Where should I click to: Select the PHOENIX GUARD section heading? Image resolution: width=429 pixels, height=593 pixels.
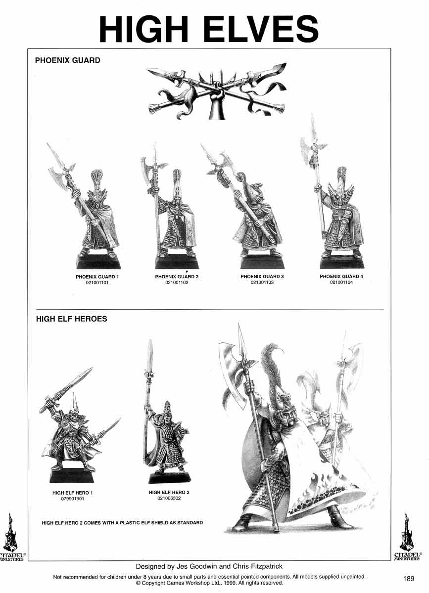tap(68, 60)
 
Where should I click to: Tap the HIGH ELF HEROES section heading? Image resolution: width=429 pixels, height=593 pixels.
tap(72, 319)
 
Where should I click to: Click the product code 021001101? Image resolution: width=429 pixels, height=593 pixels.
tap(97, 283)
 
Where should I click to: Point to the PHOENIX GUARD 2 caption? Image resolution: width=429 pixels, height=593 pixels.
tap(177, 277)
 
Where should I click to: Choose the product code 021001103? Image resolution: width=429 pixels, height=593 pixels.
tap(262, 282)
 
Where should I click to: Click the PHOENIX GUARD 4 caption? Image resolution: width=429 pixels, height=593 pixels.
tap(341, 276)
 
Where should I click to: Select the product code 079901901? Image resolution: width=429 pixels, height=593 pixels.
tap(72, 499)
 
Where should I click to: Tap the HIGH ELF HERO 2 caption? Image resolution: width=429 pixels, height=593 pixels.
tap(169, 492)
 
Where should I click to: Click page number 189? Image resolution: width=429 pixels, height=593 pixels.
tap(409, 579)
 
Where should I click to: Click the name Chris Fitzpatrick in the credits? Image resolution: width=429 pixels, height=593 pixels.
tap(257, 566)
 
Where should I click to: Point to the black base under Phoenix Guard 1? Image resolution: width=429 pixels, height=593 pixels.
tap(98, 261)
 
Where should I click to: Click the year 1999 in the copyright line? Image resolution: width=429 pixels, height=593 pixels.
tap(230, 583)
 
